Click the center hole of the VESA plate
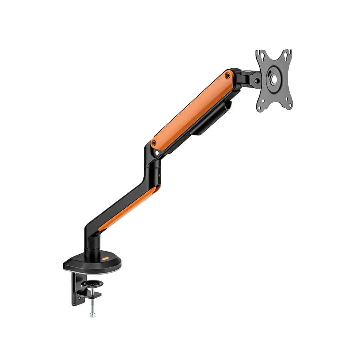273,79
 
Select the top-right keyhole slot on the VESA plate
285,57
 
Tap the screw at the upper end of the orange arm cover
228,76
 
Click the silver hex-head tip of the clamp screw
92,314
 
